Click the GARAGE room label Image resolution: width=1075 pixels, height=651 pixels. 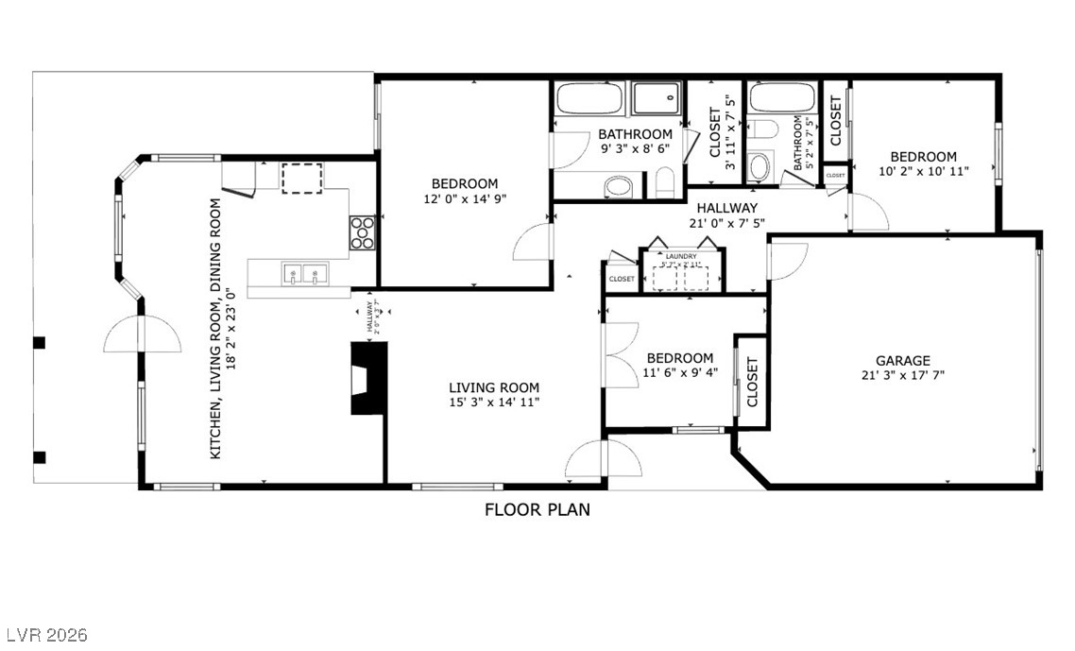coord(902,360)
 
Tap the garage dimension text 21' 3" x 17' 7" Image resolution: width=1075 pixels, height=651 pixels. coord(902,375)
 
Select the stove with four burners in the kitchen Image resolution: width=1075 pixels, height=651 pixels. coord(363,232)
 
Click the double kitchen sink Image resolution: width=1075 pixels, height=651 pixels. coord(303,275)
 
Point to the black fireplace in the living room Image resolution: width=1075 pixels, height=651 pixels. coord(367,378)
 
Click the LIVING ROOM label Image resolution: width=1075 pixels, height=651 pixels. coord(493,387)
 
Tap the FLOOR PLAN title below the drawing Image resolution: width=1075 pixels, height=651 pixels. coord(537,510)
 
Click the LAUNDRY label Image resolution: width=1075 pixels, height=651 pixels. coord(681,256)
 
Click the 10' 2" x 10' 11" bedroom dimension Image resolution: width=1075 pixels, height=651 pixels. coord(923,172)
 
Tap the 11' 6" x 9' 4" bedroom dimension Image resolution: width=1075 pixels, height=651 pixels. coord(679,372)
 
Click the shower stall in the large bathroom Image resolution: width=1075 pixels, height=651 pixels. coord(656,98)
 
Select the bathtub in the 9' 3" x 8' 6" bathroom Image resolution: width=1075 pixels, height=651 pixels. coord(589,99)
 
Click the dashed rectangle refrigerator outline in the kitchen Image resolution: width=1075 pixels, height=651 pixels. coord(302,177)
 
